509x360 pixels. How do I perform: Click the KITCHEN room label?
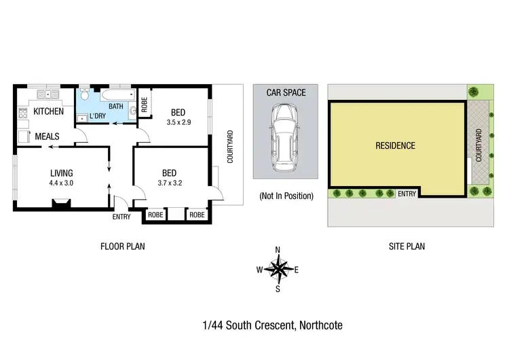(x=49, y=111)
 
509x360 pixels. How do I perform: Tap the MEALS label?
(x=48, y=137)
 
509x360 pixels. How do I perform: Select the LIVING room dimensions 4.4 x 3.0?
(x=60, y=183)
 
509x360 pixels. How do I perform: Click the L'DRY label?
(x=97, y=116)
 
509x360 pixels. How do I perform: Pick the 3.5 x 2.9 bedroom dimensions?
(x=178, y=123)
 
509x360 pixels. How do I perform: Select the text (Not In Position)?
(x=286, y=196)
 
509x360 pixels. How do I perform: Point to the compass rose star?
(x=278, y=269)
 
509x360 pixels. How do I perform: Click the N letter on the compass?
(x=278, y=250)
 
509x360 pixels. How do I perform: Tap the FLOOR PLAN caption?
(x=122, y=247)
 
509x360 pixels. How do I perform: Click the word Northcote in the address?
(x=320, y=326)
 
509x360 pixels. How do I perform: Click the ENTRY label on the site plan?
(x=407, y=194)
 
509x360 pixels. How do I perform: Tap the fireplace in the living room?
(x=60, y=202)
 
